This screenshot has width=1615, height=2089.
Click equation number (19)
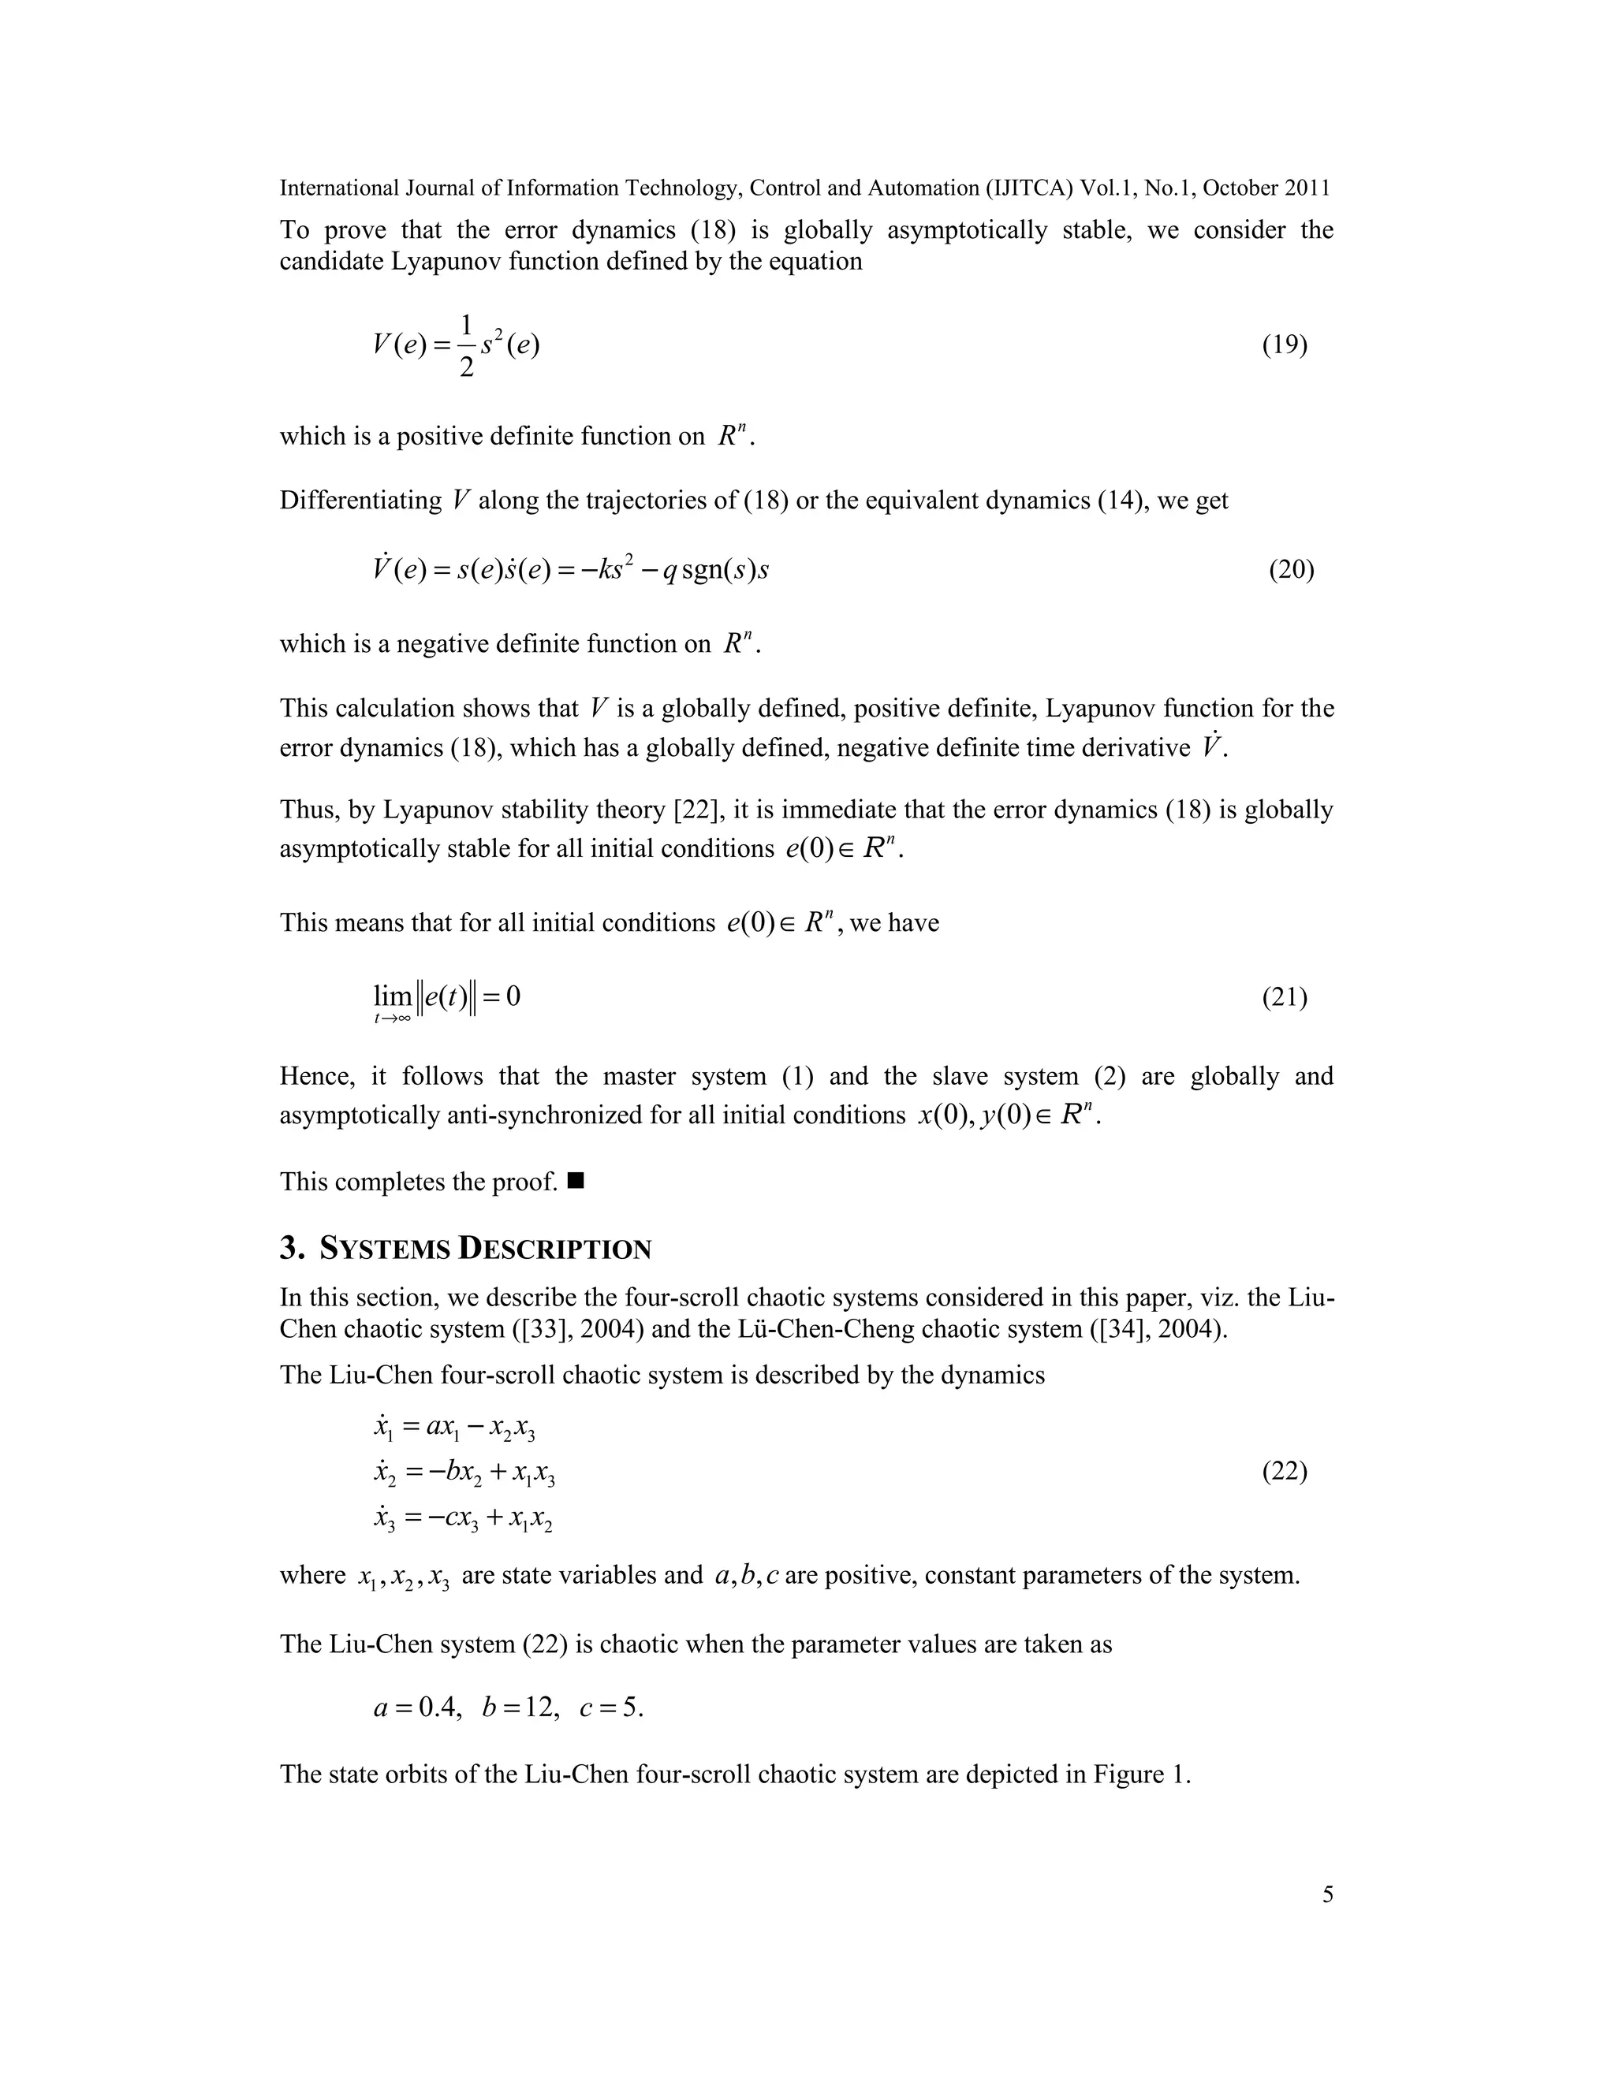click(1284, 345)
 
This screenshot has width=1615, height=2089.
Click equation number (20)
click(1291, 570)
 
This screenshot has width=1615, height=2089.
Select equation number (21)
click(1284, 998)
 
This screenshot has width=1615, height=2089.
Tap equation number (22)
click(1284, 1471)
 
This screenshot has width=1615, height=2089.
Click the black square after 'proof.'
click(575, 1182)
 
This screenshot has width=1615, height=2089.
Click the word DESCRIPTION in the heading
click(555, 1249)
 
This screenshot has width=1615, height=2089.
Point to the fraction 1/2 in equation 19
click(466, 345)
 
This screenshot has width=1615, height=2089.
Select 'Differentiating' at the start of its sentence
click(360, 501)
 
